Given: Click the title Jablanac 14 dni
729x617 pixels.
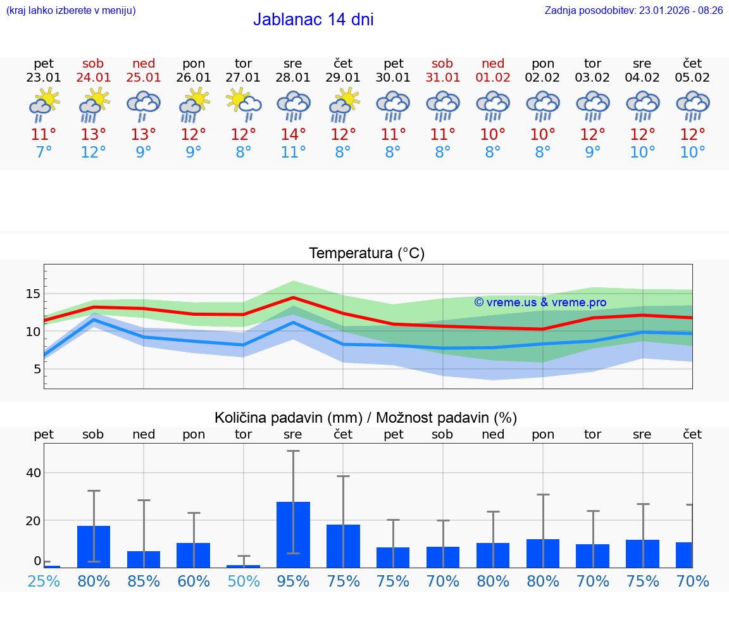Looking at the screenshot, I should [313, 20].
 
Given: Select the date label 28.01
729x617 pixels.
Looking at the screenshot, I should [293, 78].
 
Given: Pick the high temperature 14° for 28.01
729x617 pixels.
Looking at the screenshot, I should [293, 135].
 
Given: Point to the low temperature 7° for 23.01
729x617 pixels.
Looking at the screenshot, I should [44, 153].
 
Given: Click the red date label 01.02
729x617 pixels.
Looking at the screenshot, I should [493, 78].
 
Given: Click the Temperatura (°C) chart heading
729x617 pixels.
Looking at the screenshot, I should [366, 254].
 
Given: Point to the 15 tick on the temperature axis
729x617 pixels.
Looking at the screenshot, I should [33, 294].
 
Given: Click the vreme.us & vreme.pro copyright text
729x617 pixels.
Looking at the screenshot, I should [540, 302].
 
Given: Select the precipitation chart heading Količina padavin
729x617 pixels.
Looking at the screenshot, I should [366, 418].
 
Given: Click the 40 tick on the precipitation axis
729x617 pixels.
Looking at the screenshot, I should [33, 473].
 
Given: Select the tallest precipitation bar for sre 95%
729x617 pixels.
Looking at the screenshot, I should [293, 535].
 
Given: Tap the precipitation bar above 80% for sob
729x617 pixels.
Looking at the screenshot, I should [94, 547].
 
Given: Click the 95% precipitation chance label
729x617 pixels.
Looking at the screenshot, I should [293, 581].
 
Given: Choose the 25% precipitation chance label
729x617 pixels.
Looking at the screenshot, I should [44, 581].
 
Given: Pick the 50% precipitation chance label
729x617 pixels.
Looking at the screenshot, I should [244, 581].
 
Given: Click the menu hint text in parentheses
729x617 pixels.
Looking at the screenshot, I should [71, 10].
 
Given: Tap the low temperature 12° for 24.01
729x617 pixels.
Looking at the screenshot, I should [94, 153].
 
